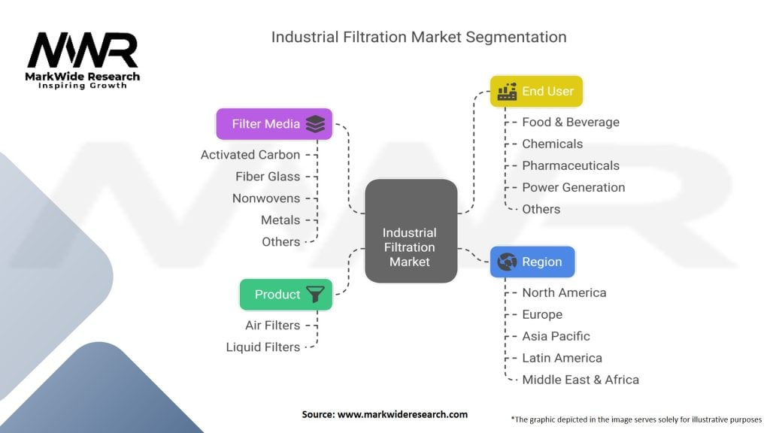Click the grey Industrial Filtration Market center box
[x=411, y=231]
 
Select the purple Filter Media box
[x=274, y=124]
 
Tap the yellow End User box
[x=536, y=91]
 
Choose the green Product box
[x=286, y=295]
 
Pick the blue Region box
[x=532, y=262]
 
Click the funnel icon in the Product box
[x=315, y=294]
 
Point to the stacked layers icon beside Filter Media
[x=315, y=124]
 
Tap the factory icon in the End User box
[x=507, y=91]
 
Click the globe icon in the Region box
[x=507, y=262]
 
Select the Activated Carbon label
[x=250, y=155]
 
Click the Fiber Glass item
[x=268, y=176]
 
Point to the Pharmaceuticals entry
[x=571, y=165]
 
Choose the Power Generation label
[x=574, y=187]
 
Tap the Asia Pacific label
[x=556, y=336]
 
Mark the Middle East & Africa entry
[x=581, y=380]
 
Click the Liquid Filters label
[x=263, y=347]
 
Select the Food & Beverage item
[x=571, y=123]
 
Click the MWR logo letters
[x=83, y=50]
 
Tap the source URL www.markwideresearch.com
[x=403, y=414]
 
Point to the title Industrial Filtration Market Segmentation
[x=419, y=37]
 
